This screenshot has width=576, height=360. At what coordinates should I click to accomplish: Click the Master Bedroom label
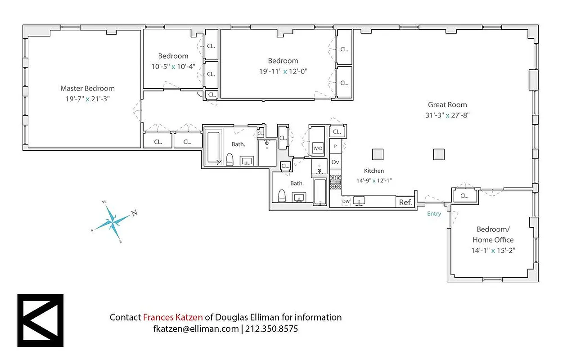click(x=87, y=89)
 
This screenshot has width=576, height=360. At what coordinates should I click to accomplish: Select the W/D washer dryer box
click(x=318, y=148)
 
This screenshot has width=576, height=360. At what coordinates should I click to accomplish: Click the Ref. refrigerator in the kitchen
click(x=405, y=202)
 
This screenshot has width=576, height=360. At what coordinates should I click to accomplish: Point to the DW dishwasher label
click(x=346, y=202)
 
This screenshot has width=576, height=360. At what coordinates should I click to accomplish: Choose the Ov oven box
click(x=335, y=162)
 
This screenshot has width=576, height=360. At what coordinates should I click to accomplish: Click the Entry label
click(x=434, y=214)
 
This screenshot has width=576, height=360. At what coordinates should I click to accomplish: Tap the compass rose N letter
click(x=134, y=213)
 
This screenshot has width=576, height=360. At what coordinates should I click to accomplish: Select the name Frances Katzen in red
click(x=173, y=317)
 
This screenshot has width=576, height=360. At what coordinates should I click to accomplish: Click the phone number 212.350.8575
click(x=272, y=329)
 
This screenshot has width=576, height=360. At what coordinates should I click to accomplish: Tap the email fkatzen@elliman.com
click(x=196, y=329)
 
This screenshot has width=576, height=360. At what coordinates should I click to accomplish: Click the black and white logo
click(x=40, y=320)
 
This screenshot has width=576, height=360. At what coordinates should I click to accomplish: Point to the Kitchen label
click(x=374, y=171)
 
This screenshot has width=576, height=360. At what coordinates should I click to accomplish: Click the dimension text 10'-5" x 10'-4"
click(x=173, y=66)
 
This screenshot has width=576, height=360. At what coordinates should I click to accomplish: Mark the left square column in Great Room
click(x=378, y=154)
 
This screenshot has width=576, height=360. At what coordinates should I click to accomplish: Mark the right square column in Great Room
click(x=439, y=154)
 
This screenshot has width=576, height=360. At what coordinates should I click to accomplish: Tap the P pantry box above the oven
click(x=335, y=146)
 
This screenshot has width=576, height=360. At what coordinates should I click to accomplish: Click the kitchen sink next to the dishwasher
click(x=359, y=201)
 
